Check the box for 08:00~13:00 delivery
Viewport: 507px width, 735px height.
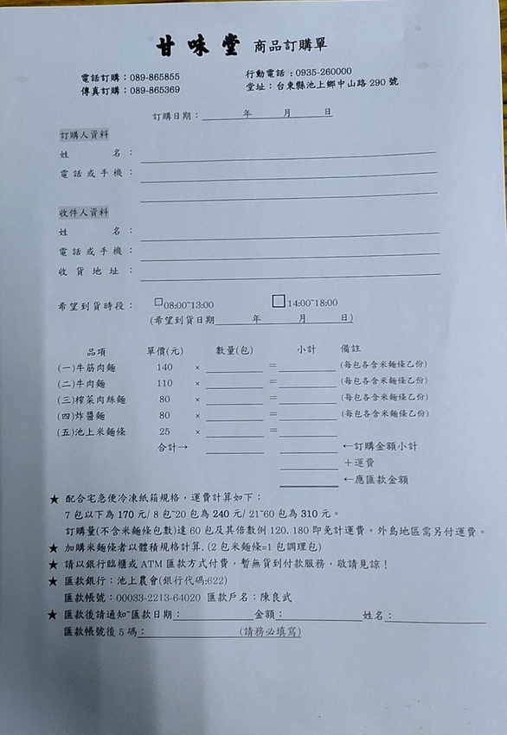pyautogui.click(x=158, y=303)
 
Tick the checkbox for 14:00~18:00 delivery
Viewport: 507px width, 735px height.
pyautogui.click(x=278, y=302)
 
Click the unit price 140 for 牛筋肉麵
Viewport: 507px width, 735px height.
pyautogui.click(x=164, y=367)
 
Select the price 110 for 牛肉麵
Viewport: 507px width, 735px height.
pyautogui.click(x=164, y=383)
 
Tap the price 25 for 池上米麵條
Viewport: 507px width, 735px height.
pyautogui.click(x=164, y=431)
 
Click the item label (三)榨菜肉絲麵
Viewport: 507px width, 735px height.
pyautogui.click(x=92, y=399)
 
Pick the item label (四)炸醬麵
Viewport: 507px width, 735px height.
pyautogui.click(x=85, y=415)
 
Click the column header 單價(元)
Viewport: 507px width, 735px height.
pyautogui.click(x=164, y=351)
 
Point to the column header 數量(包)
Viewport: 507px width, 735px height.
pyautogui.click(x=234, y=350)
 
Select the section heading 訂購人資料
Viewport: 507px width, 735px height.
pyautogui.click(x=84, y=136)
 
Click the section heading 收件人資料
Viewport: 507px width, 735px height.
pyautogui.click(x=84, y=212)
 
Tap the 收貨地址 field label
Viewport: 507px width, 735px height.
pyautogui.click(x=90, y=272)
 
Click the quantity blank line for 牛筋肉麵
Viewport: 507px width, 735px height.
pyautogui.click(x=234, y=369)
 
